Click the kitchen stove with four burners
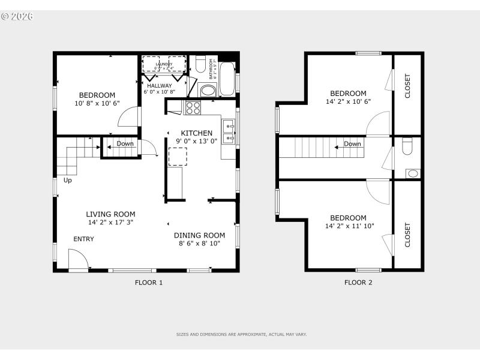point(193,108)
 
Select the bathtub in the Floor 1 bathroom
point(227,77)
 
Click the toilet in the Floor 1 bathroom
point(200,64)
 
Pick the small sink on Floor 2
point(412,173)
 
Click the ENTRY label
point(83,239)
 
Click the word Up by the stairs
point(67,180)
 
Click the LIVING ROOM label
point(110,214)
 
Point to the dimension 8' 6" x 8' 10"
point(199,244)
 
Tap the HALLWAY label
point(159,86)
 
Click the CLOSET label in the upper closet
point(407,86)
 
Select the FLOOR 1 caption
point(148,282)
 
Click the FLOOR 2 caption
point(358,282)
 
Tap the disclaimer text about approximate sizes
point(241,334)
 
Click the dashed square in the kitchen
point(177,157)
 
